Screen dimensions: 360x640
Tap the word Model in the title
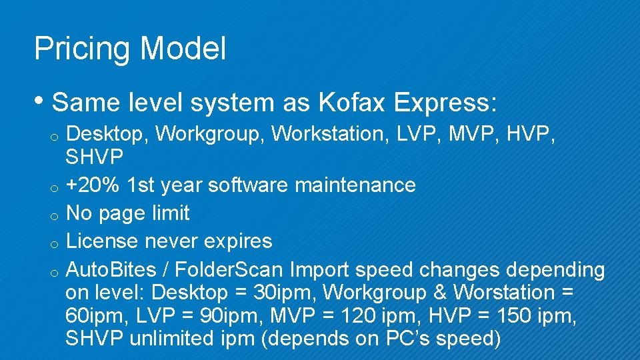click(x=183, y=49)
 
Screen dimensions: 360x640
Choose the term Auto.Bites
click(x=111, y=270)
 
